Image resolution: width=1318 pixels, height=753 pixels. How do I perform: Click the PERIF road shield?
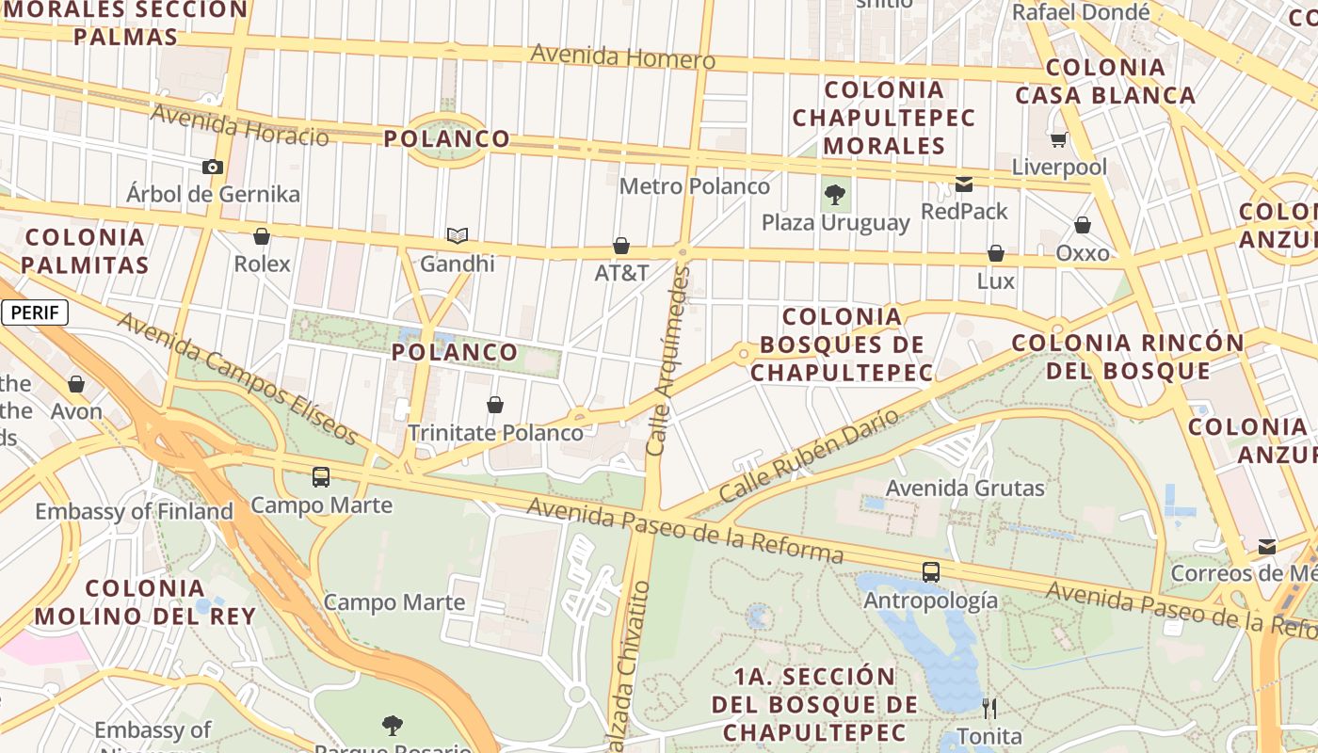pos(36,313)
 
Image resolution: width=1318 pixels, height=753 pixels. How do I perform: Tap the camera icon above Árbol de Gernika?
pos(213,167)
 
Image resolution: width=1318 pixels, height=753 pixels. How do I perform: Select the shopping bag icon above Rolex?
pos(262,236)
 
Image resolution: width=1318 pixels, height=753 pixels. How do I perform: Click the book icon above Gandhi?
pos(458,235)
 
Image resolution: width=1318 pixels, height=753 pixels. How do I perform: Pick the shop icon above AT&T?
pos(621,246)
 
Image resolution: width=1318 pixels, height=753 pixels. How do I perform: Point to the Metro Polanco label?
pos(695,186)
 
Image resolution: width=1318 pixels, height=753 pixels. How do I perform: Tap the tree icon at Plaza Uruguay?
pos(834,195)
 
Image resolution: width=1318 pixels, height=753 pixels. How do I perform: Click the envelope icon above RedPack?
pos(964,184)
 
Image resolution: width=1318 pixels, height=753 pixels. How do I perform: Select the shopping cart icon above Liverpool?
pos(1059,140)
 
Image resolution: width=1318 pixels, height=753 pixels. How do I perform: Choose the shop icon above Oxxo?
pos(1083,225)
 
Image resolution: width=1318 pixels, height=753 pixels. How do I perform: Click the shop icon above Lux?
pos(995,253)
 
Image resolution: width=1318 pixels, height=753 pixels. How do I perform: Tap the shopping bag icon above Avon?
pos(76,384)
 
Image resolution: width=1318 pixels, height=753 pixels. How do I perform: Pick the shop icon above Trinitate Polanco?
pos(495,405)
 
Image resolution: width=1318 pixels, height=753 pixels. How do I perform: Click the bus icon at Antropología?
pos(930,571)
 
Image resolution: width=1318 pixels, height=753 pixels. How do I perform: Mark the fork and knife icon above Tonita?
pos(988,707)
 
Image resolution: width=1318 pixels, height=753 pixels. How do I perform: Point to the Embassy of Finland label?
pos(134,512)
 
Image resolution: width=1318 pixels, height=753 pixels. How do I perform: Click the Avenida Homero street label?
pos(622,56)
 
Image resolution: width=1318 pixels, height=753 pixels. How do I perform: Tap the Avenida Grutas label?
pos(965,489)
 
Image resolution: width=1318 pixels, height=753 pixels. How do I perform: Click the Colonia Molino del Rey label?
pos(145,602)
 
